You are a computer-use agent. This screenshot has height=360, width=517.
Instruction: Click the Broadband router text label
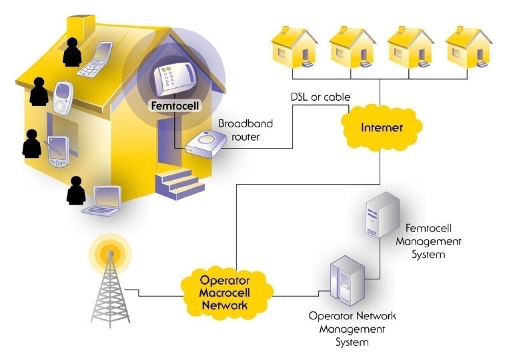tap(245, 130)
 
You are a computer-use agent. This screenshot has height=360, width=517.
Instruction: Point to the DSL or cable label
tap(320, 97)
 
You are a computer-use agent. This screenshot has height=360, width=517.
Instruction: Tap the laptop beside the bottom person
tap(103, 199)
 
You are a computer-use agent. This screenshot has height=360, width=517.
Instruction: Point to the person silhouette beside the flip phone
tap(71, 52)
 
